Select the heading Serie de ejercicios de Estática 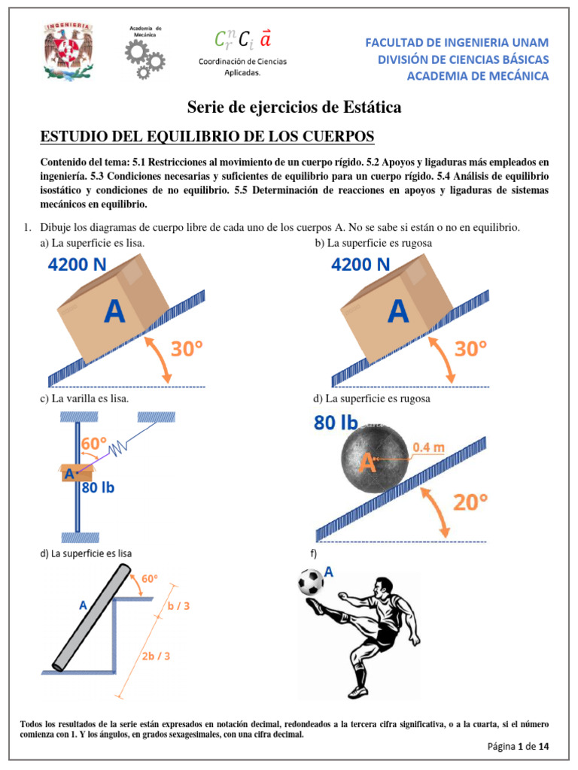[x=294, y=108]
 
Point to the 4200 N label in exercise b [x=361, y=265]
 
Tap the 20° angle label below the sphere [x=472, y=503]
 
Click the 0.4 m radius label [x=428, y=446]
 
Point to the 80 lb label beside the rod [x=98, y=487]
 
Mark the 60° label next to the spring [x=95, y=444]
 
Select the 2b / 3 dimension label [x=156, y=655]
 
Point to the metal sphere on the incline [x=369, y=460]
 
